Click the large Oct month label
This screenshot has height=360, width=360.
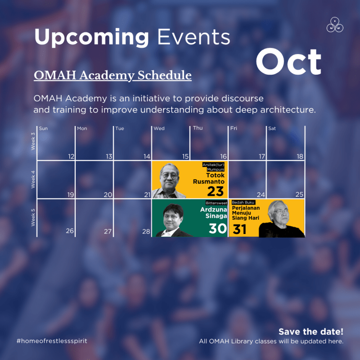click(288, 62)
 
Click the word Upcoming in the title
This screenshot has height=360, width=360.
click(91, 37)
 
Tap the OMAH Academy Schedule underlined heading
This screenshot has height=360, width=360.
click(112, 75)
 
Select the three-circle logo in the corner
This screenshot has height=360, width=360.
click(335, 25)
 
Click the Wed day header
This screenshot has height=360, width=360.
click(159, 129)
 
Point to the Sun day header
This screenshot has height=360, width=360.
click(44, 129)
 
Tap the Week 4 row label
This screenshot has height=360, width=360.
click(33, 179)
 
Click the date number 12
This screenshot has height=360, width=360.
click(71, 157)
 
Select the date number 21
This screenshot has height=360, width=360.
click(147, 195)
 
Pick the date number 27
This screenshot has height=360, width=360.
click(108, 231)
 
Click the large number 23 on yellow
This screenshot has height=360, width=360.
click(216, 191)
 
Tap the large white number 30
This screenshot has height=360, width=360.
click(217, 229)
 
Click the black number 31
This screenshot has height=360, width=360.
click(240, 229)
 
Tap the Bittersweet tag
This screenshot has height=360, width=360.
click(216, 203)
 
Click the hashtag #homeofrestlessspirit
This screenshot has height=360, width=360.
click(52, 341)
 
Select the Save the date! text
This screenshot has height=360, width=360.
click(310, 332)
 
